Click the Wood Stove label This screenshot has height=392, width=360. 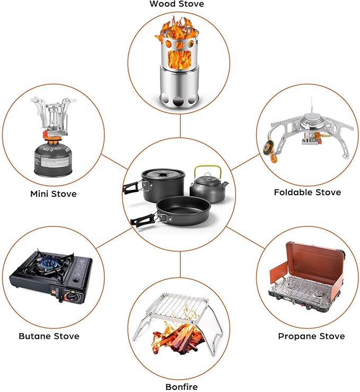tap(177, 4)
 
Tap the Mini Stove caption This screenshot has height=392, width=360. tap(54, 194)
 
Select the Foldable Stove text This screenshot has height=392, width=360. tap(308, 192)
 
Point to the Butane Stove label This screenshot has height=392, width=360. tap(49, 336)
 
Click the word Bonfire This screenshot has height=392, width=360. tap(182, 387)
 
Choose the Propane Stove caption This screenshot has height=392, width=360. tap(311, 336)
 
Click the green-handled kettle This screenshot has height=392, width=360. tap(208, 185)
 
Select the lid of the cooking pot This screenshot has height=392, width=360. tap(163, 173)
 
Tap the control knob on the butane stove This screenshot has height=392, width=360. tap(69, 297)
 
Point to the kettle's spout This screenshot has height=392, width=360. tap(225, 184)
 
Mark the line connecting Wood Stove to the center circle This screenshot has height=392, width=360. tap(180, 126)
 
